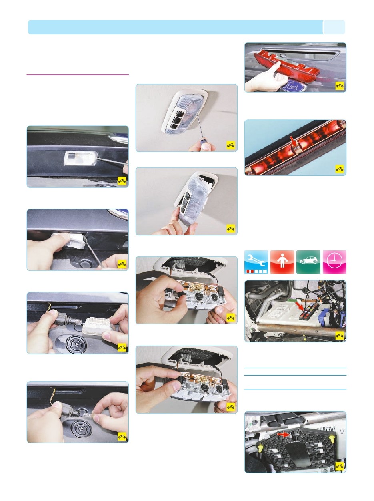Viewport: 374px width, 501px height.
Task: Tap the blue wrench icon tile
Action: (x=256, y=262)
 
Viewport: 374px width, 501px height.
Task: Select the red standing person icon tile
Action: (x=282, y=262)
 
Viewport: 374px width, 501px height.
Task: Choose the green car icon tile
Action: (x=308, y=262)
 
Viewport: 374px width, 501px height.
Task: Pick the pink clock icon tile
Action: (x=334, y=262)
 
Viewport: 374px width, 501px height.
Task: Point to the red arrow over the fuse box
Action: (x=300, y=306)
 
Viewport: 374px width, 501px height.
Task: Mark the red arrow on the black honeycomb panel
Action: (x=284, y=435)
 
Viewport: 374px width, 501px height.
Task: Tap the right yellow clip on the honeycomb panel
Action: (x=332, y=438)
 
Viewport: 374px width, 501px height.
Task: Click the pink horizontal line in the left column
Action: (x=78, y=74)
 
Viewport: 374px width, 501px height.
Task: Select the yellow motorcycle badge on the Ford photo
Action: (x=340, y=86)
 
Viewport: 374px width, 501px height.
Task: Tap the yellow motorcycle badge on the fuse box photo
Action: (x=340, y=336)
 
